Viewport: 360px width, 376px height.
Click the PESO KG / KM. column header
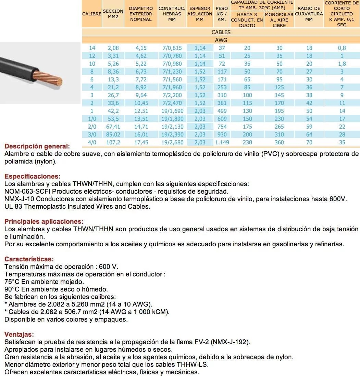(x=222, y=14)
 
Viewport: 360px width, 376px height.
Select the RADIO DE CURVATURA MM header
(x=309, y=14)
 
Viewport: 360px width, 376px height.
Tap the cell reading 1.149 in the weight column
(x=222, y=142)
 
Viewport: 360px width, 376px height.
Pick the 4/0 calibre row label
(x=92, y=142)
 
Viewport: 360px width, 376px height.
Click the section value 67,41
(x=113, y=127)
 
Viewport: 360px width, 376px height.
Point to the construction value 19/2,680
(x=172, y=142)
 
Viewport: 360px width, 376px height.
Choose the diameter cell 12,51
(x=140, y=111)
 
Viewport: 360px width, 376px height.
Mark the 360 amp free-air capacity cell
(x=279, y=142)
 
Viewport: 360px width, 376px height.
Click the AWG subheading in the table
(x=221, y=40)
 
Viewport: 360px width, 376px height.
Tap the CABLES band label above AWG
(x=221, y=32)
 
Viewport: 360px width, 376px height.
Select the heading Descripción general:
(x=37, y=146)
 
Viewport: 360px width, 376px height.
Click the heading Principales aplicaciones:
(x=44, y=222)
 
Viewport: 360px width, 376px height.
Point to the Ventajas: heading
(x=19, y=334)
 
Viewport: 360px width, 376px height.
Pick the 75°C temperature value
(x=12, y=282)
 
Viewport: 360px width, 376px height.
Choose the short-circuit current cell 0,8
(x=342, y=48)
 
